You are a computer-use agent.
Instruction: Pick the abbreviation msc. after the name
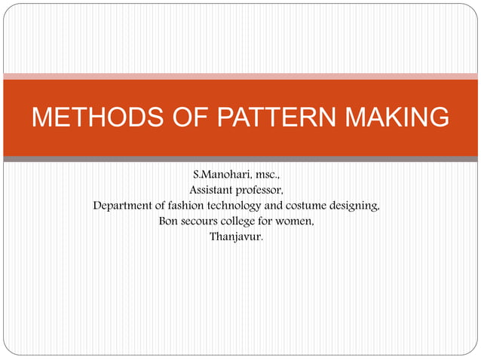(268, 175)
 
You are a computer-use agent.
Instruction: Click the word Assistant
(212, 190)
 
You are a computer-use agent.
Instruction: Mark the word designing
(354, 205)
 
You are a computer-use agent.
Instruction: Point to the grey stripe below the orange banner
(240, 159)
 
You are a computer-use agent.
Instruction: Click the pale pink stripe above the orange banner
(240, 76)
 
